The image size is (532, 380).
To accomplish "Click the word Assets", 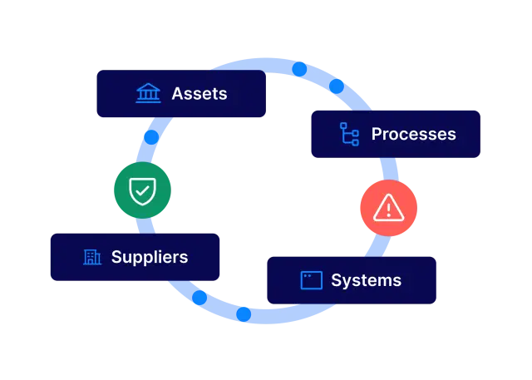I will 199,93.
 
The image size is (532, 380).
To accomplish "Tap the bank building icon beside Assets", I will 148,93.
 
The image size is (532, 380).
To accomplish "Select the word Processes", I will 413,134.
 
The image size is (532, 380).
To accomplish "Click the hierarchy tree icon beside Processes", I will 349,134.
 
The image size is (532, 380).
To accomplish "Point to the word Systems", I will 366,280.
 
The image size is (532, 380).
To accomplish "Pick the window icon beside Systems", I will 311,280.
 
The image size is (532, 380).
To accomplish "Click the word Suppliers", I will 150,257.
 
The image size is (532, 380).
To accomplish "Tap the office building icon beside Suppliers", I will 91,257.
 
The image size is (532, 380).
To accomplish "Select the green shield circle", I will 142,190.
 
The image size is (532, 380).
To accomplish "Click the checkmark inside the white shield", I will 142,192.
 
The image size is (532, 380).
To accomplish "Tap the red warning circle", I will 388,208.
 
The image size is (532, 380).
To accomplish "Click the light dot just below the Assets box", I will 151,136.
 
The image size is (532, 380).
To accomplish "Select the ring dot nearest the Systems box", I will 244,314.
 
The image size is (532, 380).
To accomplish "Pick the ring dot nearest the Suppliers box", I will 199,297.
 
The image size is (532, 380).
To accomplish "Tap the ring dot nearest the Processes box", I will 337,86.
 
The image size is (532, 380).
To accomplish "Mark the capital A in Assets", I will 178,93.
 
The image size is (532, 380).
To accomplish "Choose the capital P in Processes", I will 377,134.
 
